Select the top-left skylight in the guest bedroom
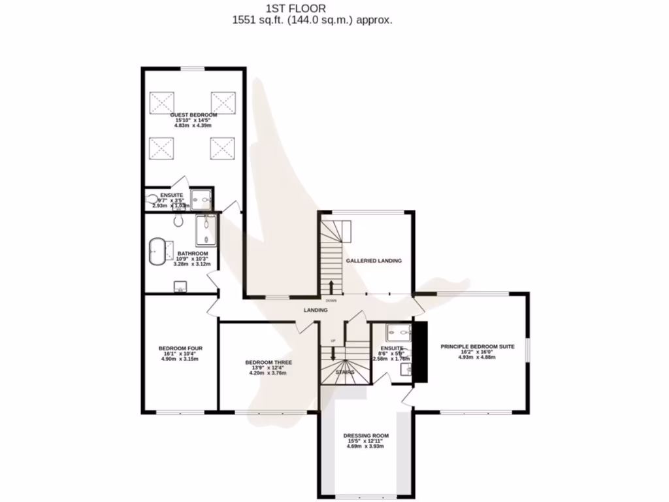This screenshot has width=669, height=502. (161, 103)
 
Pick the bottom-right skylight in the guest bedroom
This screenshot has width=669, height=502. (222, 148)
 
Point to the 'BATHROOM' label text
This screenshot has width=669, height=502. (192, 254)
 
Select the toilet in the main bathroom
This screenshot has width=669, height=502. (178, 219)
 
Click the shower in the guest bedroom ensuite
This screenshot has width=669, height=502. (201, 199)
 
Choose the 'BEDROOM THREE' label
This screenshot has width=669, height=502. (268, 362)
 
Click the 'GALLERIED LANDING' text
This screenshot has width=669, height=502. (374, 260)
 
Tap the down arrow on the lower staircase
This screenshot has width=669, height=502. (333, 352)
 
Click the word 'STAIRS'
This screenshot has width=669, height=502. (345, 372)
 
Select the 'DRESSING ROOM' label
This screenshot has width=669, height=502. (366, 435)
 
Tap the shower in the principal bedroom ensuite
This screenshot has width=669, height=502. (397, 331)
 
